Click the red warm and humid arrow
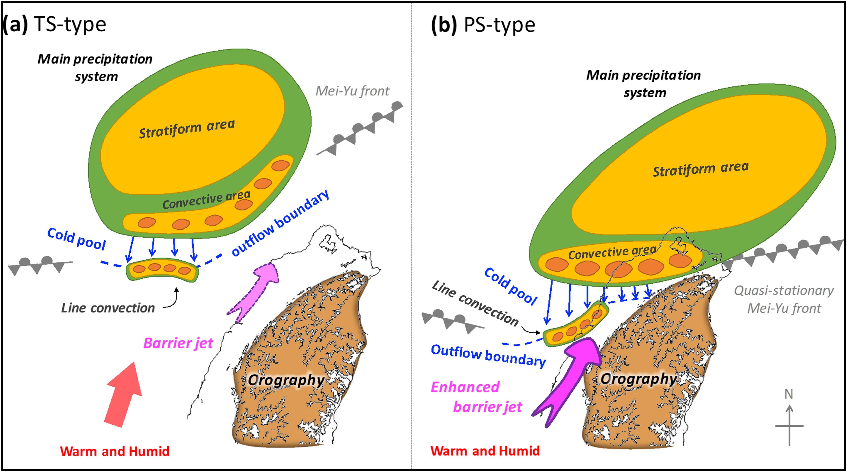coord(123,394)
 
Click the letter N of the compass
coord(789,394)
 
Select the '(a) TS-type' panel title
coord(54,24)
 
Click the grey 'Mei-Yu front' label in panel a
coord(352,91)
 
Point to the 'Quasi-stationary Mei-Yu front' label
coord(784,300)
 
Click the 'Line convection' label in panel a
coord(108,308)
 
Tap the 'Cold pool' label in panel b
coord(510,286)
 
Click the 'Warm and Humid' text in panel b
coord(485,451)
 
